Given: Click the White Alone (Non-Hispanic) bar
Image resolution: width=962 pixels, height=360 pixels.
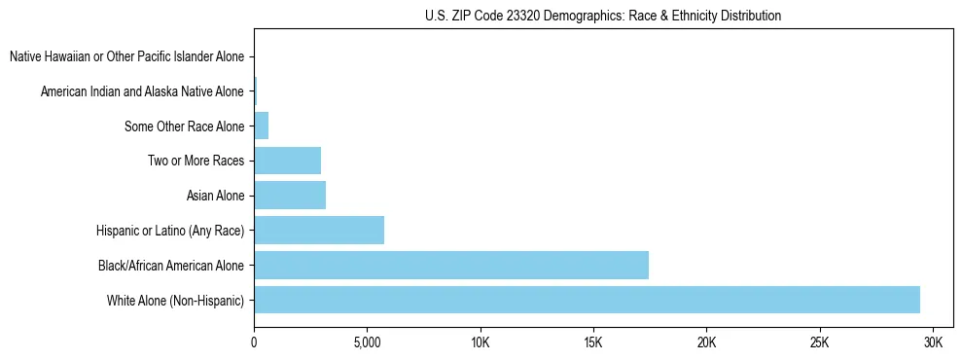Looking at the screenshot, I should pyautogui.click(x=587, y=300).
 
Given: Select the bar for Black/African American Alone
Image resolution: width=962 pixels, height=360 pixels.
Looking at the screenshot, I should pyautogui.click(x=451, y=265).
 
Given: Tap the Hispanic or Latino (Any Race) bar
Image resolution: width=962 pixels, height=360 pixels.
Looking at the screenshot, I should pyautogui.click(x=319, y=231).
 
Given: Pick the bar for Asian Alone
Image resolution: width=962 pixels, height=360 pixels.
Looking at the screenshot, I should pyautogui.click(x=290, y=196).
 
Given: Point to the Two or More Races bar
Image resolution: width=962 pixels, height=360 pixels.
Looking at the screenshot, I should pyautogui.click(x=287, y=161).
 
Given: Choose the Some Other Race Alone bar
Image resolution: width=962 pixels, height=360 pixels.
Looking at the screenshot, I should pyautogui.click(x=261, y=126).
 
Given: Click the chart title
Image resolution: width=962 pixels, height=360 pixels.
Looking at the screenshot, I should pyautogui.click(x=603, y=16).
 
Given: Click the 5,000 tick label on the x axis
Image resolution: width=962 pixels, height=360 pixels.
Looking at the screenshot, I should pyautogui.click(x=367, y=343).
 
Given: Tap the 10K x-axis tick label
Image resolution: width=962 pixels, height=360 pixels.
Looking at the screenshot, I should pyautogui.click(x=481, y=343).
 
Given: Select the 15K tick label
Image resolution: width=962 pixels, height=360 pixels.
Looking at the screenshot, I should pyautogui.click(x=593, y=343).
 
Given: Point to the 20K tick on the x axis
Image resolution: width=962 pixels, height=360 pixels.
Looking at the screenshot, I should pyautogui.click(x=706, y=343).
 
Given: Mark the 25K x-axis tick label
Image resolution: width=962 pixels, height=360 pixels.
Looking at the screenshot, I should pyautogui.click(x=820, y=343).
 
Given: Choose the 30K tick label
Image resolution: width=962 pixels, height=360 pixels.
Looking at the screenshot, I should pyautogui.click(x=933, y=343).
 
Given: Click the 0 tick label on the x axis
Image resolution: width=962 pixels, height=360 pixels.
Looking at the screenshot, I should pyautogui.click(x=254, y=343).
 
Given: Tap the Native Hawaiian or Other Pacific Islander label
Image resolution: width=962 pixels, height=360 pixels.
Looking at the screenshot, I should pyautogui.click(x=126, y=56).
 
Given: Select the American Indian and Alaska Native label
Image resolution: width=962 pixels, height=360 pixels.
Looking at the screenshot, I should pyautogui.click(x=142, y=91).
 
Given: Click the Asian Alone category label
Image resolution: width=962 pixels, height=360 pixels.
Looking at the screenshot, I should pyautogui.click(x=215, y=196).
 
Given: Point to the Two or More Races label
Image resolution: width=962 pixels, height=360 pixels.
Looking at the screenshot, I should pyautogui.click(x=196, y=161).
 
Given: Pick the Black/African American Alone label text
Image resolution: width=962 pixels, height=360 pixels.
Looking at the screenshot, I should pyautogui.click(x=171, y=265).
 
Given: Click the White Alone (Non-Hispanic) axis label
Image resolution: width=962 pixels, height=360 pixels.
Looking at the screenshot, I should pyautogui.click(x=176, y=300).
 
